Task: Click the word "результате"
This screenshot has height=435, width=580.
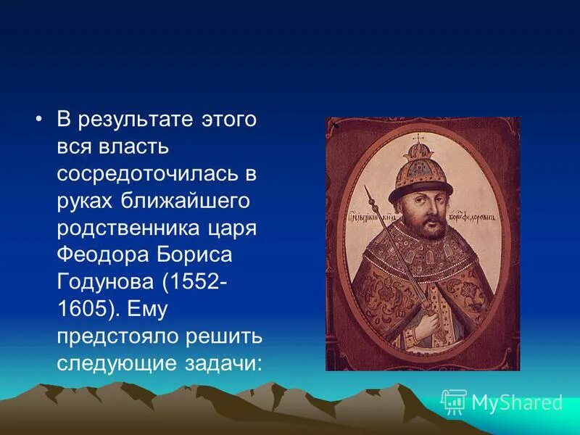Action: [135, 120]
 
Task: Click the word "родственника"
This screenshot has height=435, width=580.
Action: [125, 228]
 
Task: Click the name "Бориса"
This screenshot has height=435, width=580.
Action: [192, 255]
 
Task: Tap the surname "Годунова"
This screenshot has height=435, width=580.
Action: [102, 282]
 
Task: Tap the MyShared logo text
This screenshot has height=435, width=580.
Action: [516, 402]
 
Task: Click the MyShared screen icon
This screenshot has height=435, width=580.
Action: [454, 401]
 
